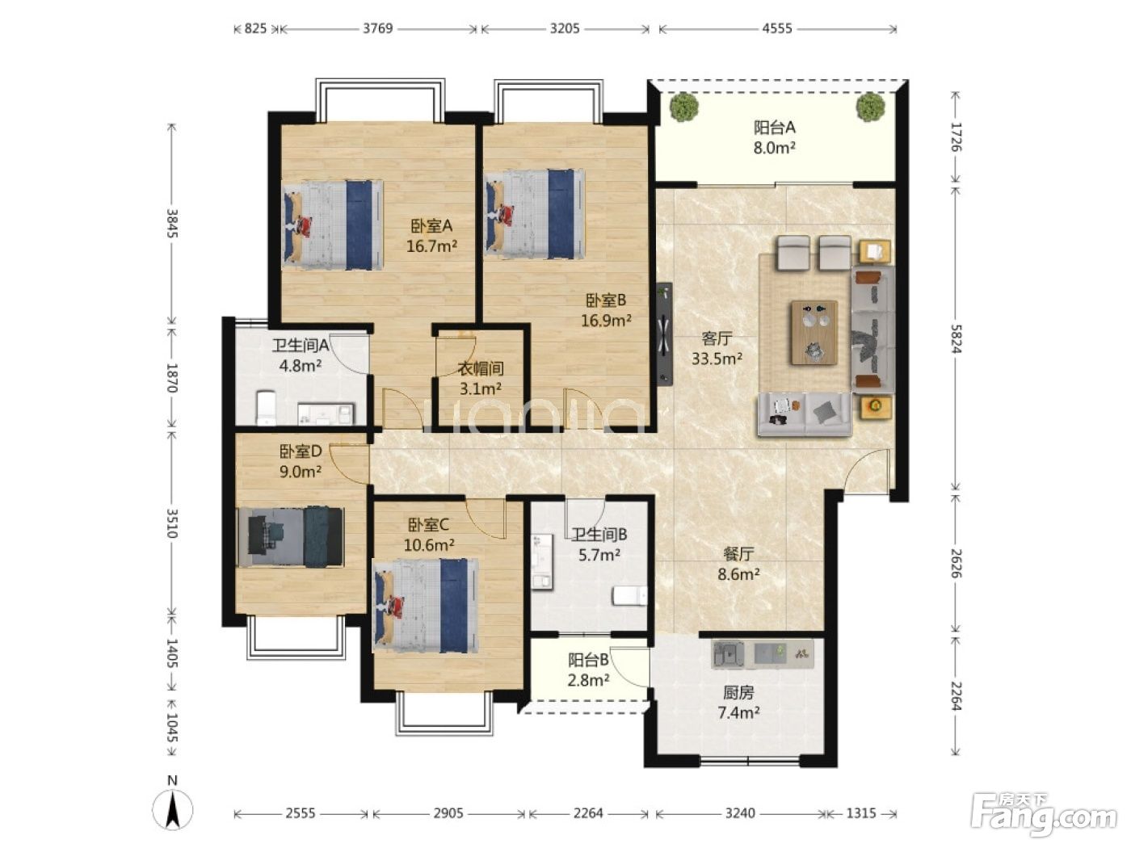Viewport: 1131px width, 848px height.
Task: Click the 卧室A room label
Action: (431, 225)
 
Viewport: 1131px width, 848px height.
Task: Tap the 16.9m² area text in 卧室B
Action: (606, 321)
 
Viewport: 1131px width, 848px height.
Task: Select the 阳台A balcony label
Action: (775, 127)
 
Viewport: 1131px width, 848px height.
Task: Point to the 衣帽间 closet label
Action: (480, 368)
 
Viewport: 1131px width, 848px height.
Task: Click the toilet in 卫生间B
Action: (629, 595)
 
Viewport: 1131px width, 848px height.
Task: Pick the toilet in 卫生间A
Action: (265, 407)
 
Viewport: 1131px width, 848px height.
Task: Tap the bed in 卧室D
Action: (290, 537)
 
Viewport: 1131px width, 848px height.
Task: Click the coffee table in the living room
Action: (814, 333)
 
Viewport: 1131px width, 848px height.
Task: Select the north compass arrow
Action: (173, 810)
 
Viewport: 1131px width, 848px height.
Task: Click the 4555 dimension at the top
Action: (777, 28)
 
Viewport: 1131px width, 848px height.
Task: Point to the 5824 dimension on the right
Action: (956, 338)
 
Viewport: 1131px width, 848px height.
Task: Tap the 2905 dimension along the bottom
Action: (448, 813)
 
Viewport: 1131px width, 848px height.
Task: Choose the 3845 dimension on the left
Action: (172, 223)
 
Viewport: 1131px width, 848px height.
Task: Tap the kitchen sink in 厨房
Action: (728, 653)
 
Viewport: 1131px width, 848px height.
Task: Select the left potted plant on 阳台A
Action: (683, 107)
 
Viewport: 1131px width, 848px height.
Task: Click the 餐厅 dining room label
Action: (738, 554)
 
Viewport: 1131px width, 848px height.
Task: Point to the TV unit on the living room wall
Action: (664, 334)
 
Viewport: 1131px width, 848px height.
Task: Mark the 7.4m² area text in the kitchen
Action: (738, 712)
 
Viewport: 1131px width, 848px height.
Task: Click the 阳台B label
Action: (588, 660)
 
